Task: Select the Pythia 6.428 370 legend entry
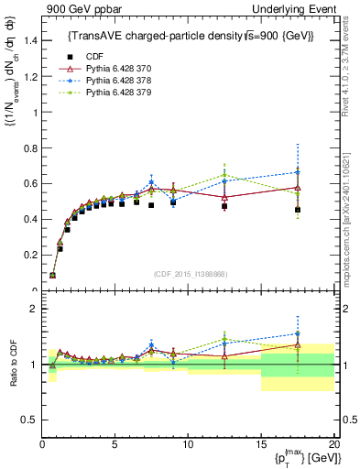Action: [x=113, y=68]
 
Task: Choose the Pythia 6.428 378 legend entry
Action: [x=113, y=80]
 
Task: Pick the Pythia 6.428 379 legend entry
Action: [x=113, y=92]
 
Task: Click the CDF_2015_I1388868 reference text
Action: [x=189, y=274]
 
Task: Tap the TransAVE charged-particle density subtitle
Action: [x=188, y=35]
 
